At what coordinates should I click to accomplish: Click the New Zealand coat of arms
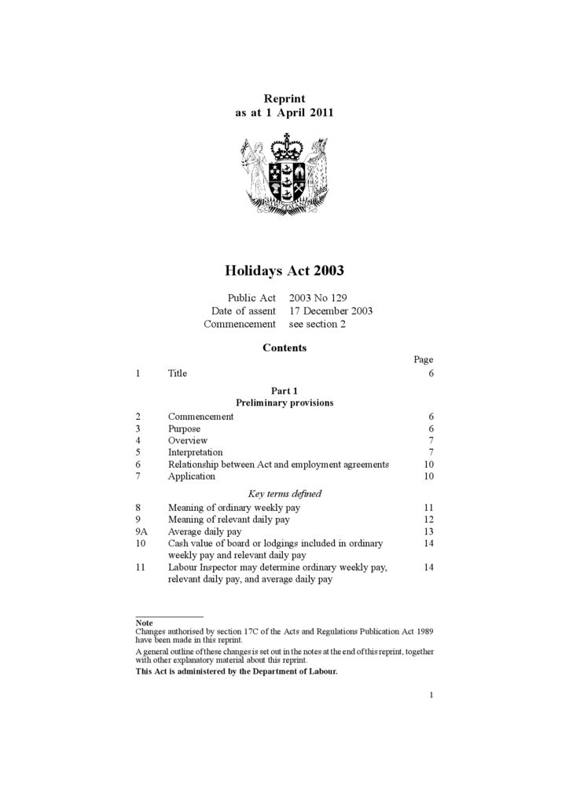click(284, 174)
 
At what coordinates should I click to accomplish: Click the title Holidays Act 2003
click(284, 271)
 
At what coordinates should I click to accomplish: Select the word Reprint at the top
click(284, 98)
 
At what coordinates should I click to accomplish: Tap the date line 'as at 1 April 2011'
click(284, 112)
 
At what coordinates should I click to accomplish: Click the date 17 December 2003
click(330, 311)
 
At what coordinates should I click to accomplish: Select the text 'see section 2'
click(317, 323)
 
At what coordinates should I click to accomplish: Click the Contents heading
click(284, 347)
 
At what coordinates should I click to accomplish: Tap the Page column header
click(424, 359)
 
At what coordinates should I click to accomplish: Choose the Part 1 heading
click(284, 391)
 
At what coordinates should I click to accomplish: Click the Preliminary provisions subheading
click(284, 402)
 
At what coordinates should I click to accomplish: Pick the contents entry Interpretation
click(195, 452)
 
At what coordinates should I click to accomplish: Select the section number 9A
click(141, 531)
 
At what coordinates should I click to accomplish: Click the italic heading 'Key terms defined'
click(284, 494)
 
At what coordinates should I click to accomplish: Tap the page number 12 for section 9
click(428, 520)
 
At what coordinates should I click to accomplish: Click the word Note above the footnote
click(144, 623)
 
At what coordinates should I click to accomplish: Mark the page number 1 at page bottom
click(431, 694)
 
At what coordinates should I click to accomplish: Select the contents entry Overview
click(188, 440)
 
